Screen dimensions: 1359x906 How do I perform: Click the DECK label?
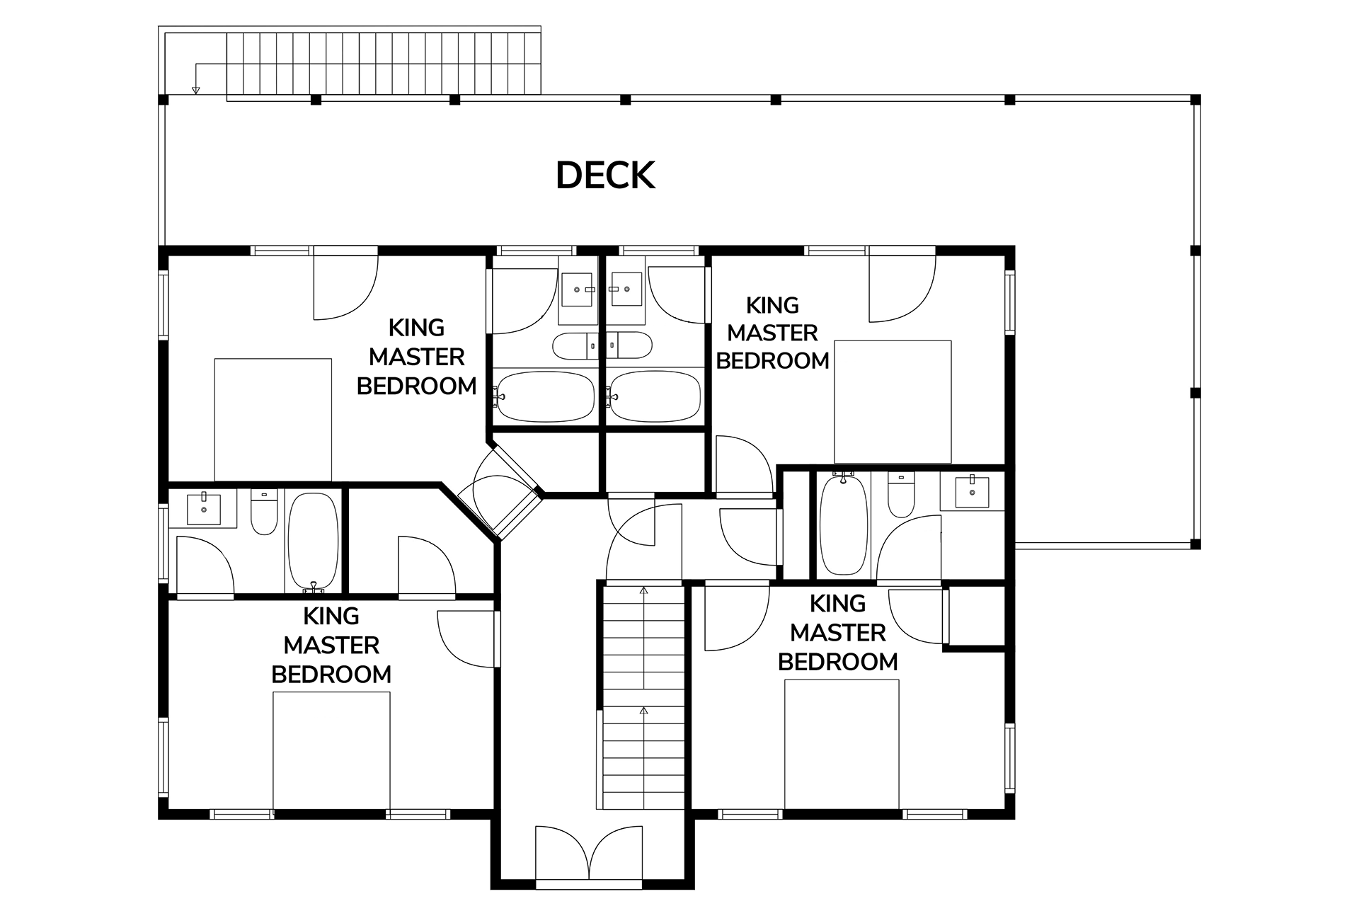[x=605, y=176]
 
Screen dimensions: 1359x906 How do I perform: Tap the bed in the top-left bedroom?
[x=273, y=420]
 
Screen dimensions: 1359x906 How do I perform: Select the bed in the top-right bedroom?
[x=893, y=402]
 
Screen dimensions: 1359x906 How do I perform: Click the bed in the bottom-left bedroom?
[x=331, y=750]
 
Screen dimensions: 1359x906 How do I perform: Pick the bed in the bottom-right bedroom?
[x=842, y=745]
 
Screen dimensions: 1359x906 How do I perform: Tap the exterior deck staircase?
[x=384, y=63]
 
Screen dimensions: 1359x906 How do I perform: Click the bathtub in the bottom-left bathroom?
[x=313, y=542]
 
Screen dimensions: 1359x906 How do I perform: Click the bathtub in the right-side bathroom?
[x=843, y=524]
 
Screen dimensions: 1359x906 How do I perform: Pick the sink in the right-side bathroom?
[x=973, y=492]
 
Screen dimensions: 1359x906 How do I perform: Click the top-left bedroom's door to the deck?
[x=345, y=283]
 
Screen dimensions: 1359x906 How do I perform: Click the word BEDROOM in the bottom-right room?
[x=838, y=662]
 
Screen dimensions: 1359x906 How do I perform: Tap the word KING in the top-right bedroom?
[x=773, y=306]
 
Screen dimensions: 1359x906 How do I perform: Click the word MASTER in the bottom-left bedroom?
[x=331, y=646]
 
